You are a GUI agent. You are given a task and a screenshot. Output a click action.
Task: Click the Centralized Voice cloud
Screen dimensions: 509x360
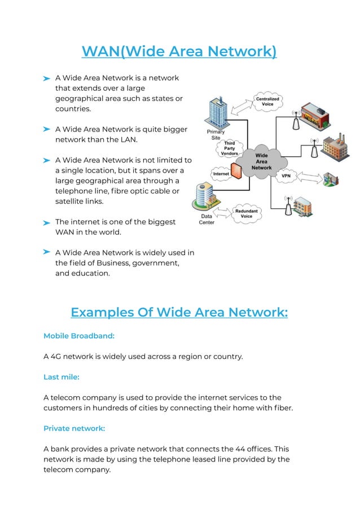269,101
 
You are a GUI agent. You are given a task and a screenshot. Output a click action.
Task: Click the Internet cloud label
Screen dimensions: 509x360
221,174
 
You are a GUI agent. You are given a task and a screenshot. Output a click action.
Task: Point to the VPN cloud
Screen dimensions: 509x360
286,175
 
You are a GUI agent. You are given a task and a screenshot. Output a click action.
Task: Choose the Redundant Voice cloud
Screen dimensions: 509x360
246,213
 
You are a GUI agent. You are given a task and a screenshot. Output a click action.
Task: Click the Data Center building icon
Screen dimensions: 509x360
203,198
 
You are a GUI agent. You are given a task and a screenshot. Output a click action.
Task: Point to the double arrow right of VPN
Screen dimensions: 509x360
309,177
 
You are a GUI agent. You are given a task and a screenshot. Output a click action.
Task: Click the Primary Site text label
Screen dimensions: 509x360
216,135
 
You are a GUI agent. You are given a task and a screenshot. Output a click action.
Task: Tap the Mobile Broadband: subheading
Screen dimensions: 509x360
79,336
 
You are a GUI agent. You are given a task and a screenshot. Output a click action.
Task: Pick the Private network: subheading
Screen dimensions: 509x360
74,428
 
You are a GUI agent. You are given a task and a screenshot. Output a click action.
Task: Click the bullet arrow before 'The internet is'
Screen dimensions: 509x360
47,223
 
